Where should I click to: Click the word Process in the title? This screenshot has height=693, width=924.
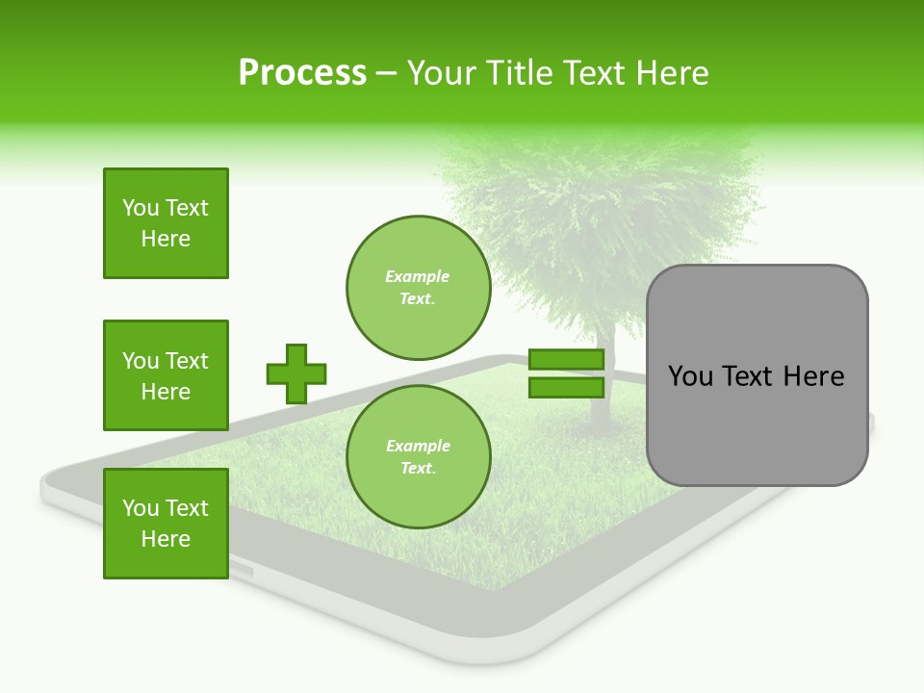(x=302, y=73)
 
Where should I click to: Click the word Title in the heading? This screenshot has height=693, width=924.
(x=520, y=73)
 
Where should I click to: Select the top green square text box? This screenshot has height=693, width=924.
(x=166, y=223)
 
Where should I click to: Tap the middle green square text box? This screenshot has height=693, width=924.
(x=166, y=375)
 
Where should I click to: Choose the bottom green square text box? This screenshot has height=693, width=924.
(x=166, y=524)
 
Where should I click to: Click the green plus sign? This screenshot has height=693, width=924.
(x=296, y=373)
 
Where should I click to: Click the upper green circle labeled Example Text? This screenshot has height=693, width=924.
(x=418, y=288)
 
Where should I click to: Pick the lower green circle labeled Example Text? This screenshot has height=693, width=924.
(x=418, y=457)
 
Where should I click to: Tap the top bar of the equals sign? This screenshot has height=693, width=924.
(x=566, y=360)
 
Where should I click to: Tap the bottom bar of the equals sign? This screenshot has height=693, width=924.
(x=566, y=387)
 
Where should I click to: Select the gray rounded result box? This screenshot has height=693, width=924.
(x=757, y=423)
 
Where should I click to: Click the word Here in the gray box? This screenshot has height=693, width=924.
(x=813, y=376)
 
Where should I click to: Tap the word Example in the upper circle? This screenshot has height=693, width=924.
(x=417, y=276)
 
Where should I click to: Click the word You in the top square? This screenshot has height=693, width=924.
(x=141, y=208)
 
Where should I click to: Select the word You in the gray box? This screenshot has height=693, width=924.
(x=690, y=376)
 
